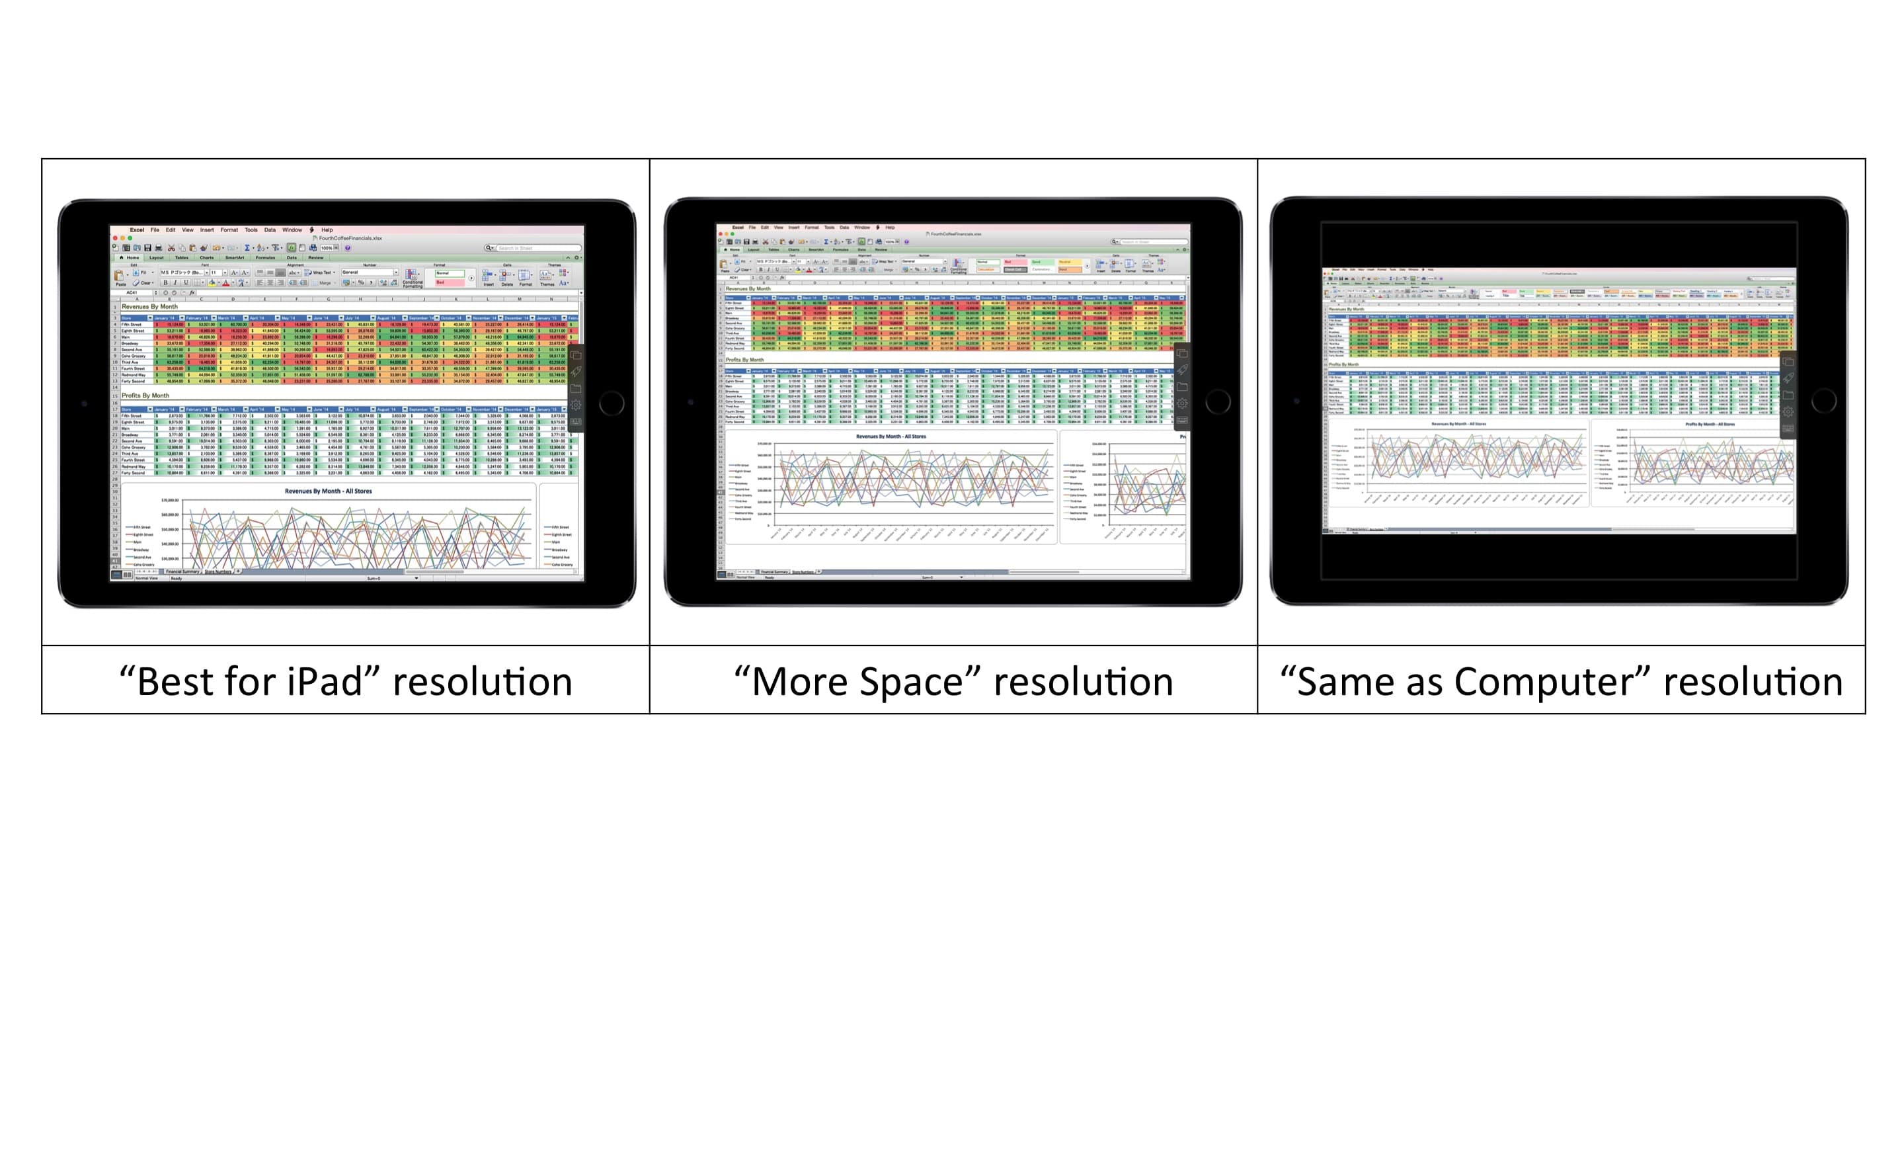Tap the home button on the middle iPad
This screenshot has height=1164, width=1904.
[x=1217, y=401]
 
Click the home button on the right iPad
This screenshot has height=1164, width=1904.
[x=1823, y=400]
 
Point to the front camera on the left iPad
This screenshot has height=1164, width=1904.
[x=84, y=403]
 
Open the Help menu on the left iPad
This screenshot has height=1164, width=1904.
[x=327, y=229]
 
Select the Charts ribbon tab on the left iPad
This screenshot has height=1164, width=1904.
[x=206, y=257]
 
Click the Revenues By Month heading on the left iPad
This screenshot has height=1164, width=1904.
[x=150, y=307]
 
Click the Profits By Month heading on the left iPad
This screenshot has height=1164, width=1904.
[x=145, y=395]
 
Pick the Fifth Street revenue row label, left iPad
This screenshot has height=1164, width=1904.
[x=132, y=325]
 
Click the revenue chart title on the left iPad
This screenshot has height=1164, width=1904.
[x=329, y=491]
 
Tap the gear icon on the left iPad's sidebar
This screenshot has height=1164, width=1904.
[x=576, y=405]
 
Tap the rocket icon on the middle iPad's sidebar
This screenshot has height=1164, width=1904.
[x=1182, y=370]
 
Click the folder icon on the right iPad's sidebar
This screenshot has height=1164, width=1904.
[x=1788, y=395]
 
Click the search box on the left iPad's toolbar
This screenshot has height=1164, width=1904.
[x=536, y=248]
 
